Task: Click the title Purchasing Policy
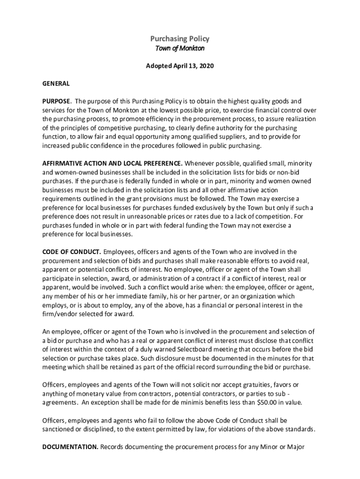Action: [180, 39]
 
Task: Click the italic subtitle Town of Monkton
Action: [180, 49]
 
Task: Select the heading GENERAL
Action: [56, 84]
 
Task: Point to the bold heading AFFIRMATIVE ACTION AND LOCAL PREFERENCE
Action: [112, 164]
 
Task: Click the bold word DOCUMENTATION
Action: [70, 447]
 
